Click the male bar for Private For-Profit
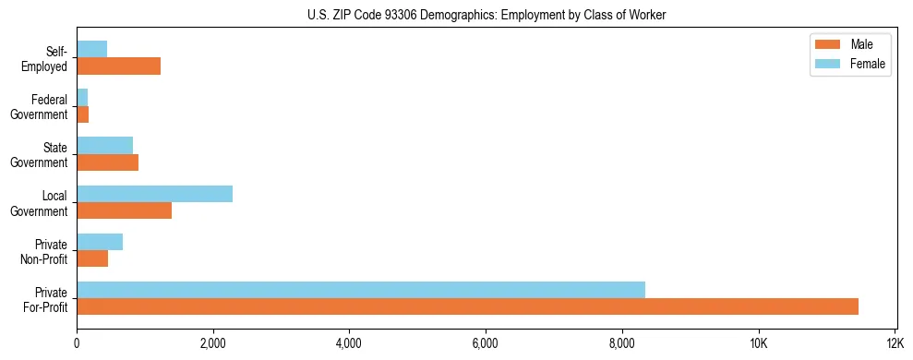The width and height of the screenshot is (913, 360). tap(467, 306)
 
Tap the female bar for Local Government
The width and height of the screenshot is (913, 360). tap(154, 194)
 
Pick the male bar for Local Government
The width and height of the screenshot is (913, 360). tap(124, 210)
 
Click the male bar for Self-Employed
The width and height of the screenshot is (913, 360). tap(118, 66)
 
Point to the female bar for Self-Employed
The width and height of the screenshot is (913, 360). tap(91, 49)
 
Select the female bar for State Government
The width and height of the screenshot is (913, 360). tap(104, 145)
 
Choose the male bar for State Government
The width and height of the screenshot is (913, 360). tap(107, 162)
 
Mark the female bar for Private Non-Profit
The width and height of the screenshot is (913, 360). tap(100, 242)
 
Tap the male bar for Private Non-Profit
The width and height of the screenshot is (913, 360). tap(92, 258)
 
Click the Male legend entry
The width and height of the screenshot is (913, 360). tap(849, 44)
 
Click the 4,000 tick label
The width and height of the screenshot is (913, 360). tap(349, 343)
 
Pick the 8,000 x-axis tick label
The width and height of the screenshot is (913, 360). tap(622, 343)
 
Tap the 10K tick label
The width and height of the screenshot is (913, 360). tap(758, 343)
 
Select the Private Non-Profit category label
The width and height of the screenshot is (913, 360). tap(43, 251)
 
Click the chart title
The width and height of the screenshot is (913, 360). tap(487, 15)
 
